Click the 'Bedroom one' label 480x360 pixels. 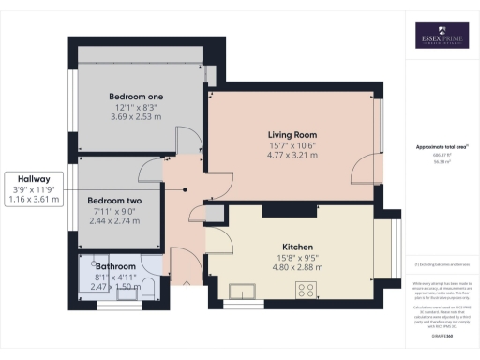(136, 97)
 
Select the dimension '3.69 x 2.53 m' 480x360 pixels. (136, 117)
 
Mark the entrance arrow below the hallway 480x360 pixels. (187, 281)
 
